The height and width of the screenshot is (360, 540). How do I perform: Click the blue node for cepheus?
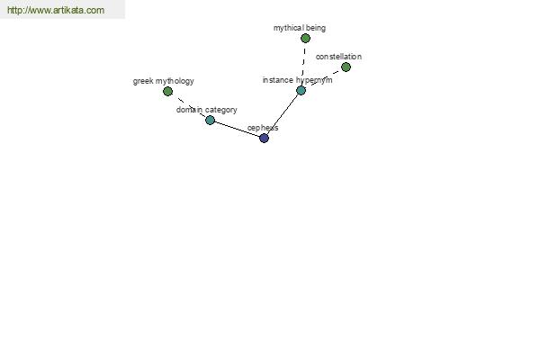[264, 138]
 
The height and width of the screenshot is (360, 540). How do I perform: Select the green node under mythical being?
[305, 38]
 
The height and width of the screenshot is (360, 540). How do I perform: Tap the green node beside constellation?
[346, 67]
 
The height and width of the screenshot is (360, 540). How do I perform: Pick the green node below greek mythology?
[167, 91]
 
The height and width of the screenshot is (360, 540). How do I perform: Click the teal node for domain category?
[210, 121]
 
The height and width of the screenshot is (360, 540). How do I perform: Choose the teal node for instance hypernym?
[301, 91]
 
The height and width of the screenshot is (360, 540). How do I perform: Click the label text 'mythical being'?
[300, 28]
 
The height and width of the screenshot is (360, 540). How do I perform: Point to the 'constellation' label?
[338, 57]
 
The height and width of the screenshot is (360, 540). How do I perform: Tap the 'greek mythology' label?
[163, 81]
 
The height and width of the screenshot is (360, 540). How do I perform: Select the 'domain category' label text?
[207, 110]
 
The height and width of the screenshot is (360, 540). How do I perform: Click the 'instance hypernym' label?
[298, 80]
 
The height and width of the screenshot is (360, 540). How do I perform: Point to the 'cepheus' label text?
[263, 128]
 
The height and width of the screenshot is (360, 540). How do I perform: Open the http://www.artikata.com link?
[56, 10]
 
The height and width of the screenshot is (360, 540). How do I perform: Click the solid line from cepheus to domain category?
[237, 130]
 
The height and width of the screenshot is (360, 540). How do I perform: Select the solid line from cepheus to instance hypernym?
[283, 114]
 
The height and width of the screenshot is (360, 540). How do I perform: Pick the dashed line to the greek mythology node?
[189, 106]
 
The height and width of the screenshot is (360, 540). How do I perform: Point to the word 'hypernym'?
[314, 81]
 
